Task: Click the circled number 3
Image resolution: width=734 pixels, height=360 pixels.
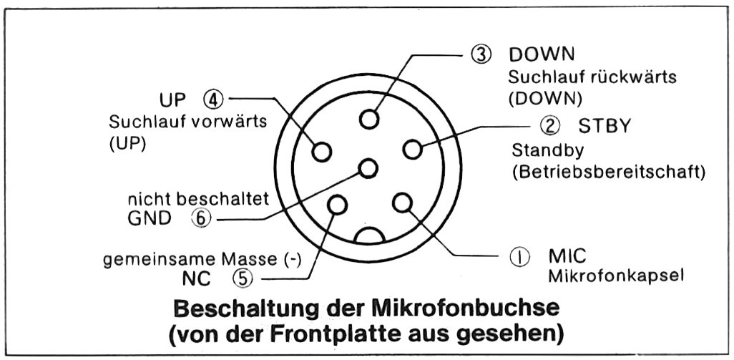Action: coord(481,55)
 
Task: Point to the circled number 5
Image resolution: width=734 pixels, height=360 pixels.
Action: coord(242,279)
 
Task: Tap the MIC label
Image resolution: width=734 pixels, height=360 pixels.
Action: coord(567,256)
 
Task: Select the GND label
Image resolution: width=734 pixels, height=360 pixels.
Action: coord(150,218)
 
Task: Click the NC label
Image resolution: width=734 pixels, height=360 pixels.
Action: coord(196,279)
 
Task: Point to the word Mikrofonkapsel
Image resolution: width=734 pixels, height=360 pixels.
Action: coord(615,276)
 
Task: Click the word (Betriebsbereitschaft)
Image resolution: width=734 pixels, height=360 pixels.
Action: coord(609,172)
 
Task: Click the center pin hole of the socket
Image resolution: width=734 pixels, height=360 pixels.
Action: coord(368,168)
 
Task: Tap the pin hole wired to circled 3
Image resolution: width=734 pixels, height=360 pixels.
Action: coord(369,118)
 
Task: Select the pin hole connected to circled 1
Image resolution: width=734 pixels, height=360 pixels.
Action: coord(402,203)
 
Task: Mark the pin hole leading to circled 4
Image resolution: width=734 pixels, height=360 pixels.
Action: coord(322,152)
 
